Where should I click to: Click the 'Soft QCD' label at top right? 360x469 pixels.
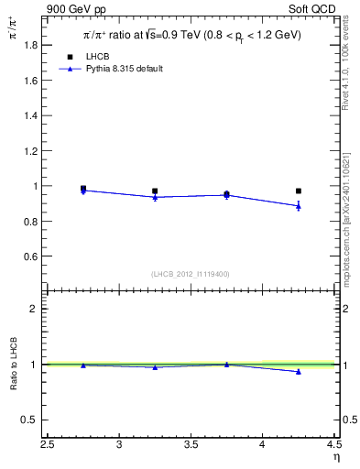pyautogui.click(x=312, y=8)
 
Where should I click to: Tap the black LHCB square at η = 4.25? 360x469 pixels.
pyautogui.click(x=298, y=191)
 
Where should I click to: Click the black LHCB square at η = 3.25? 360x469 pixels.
pyautogui.click(x=155, y=191)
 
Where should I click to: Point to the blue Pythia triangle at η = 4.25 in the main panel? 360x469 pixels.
pyautogui.click(x=298, y=206)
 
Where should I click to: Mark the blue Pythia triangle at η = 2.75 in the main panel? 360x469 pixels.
pyautogui.click(x=83, y=191)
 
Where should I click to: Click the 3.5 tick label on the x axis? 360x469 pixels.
pyautogui.click(x=191, y=445)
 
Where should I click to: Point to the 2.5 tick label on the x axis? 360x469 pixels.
pyautogui.click(x=48, y=445)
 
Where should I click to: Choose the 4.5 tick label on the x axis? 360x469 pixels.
pyautogui.click(x=333, y=445)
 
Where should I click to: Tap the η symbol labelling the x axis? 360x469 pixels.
pyautogui.click(x=336, y=456)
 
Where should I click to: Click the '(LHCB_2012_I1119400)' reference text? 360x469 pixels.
pyautogui.click(x=191, y=274)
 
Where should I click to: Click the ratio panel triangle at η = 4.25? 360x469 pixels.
pyautogui.click(x=298, y=371)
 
